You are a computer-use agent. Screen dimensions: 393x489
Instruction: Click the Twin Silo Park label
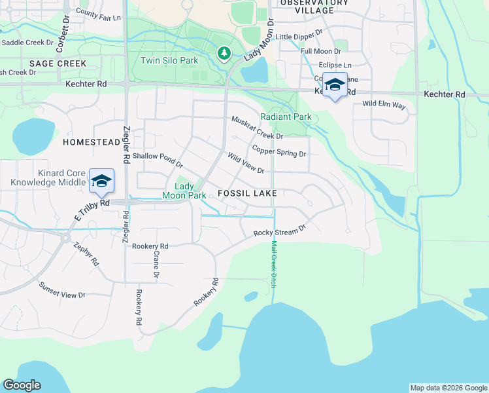(x=169, y=60)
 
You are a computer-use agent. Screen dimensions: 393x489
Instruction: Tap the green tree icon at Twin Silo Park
(x=224, y=52)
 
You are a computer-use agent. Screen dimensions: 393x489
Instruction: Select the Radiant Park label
(x=286, y=117)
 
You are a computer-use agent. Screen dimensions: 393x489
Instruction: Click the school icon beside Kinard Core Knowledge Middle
(x=101, y=181)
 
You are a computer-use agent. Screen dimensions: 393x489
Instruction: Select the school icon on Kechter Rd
(x=335, y=86)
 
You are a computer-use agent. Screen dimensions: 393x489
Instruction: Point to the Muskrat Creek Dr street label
(x=257, y=128)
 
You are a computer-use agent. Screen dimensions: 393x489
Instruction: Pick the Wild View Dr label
(x=245, y=164)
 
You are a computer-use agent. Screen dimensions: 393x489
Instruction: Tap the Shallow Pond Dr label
(x=158, y=160)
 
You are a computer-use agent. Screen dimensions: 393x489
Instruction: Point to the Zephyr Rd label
(x=86, y=253)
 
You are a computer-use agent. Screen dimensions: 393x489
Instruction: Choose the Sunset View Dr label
(x=62, y=290)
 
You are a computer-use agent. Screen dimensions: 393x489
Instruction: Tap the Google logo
(x=22, y=385)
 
